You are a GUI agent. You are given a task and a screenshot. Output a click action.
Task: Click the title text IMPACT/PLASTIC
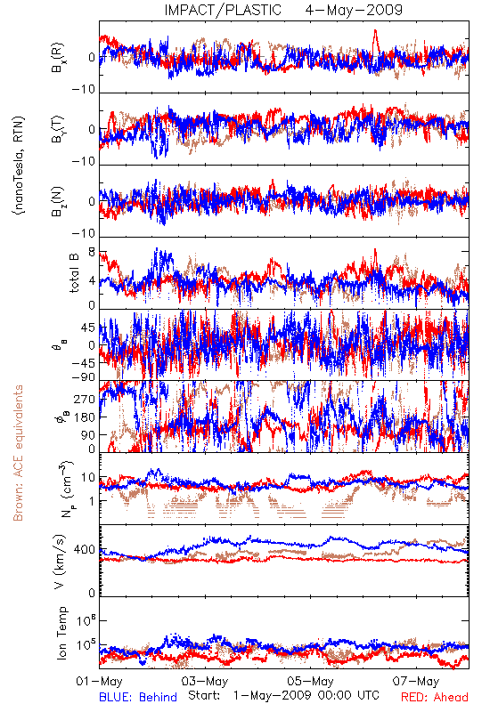[x=223, y=10]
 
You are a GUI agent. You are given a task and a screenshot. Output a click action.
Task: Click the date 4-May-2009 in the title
[x=354, y=10]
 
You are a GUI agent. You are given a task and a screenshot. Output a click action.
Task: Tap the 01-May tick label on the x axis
[x=99, y=681]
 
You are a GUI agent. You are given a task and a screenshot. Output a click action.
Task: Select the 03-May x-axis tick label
[x=205, y=681]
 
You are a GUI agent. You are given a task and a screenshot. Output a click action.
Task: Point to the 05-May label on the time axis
[x=310, y=681]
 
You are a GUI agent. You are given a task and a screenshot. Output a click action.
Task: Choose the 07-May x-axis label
[x=416, y=681]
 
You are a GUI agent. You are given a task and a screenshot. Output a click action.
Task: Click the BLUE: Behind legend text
[x=138, y=697]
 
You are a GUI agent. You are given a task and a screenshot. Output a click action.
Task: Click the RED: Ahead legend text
[x=435, y=697]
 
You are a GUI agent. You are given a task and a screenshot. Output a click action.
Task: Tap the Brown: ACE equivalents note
[x=18, y=453]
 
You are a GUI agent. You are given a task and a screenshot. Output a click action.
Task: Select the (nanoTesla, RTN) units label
[x=19, y=166]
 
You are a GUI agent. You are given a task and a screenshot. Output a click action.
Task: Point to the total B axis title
[x=74, y=273]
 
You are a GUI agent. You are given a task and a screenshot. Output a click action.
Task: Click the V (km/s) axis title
[x=60, y=562]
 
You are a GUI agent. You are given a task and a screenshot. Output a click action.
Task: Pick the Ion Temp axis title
[x=61, y=633]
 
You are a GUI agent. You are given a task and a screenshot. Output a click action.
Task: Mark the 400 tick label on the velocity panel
[x=85, y=550]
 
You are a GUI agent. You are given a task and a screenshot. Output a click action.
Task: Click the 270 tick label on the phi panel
[x=85, y=399]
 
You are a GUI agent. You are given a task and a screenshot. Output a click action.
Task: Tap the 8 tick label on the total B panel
[x=92, y=252]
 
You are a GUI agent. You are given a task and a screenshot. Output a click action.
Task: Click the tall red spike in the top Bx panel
[x=375, y=41]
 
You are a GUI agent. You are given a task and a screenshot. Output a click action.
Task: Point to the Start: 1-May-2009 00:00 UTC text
[x=283, y=695]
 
